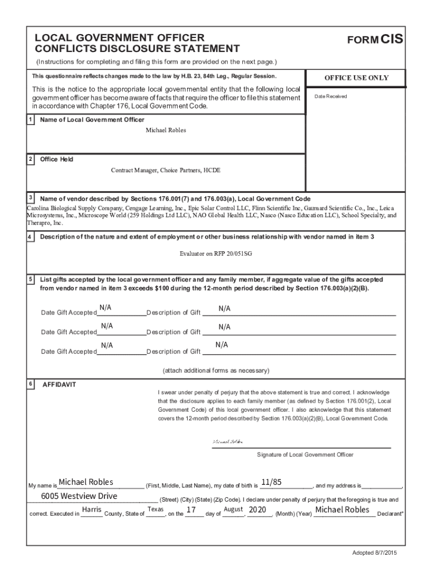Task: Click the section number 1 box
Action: [30, 120]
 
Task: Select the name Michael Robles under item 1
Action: [166, 130]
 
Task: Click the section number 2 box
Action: [30, 159]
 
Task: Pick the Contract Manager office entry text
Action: [166, 170]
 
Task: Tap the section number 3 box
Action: [30, 198]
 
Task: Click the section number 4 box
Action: [30, 237]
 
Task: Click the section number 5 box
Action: [30, 278]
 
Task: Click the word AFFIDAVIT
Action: [59, 385]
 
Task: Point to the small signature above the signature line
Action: [227, 441]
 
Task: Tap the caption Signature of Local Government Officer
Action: [305, 455]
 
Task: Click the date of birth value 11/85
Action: [271, 482]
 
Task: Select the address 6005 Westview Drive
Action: [79, 496]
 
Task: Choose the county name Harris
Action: [91, 510]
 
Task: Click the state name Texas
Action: [155, 510]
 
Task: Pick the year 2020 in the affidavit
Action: [257, 510]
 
